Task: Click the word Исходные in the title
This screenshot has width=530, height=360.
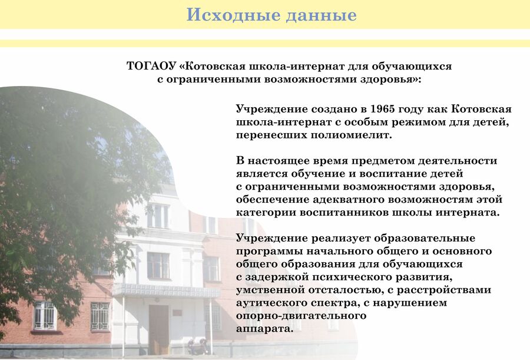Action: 233,15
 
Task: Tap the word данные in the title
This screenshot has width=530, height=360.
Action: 321,15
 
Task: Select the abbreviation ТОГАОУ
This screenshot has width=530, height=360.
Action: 151,66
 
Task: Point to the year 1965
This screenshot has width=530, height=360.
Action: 383,109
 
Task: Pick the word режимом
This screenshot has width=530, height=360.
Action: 419,122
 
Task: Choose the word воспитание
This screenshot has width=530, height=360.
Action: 394,174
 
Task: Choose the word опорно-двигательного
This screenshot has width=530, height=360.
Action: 301,316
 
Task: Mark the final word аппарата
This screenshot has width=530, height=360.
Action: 264,329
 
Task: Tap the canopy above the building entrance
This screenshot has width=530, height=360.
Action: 165,290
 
